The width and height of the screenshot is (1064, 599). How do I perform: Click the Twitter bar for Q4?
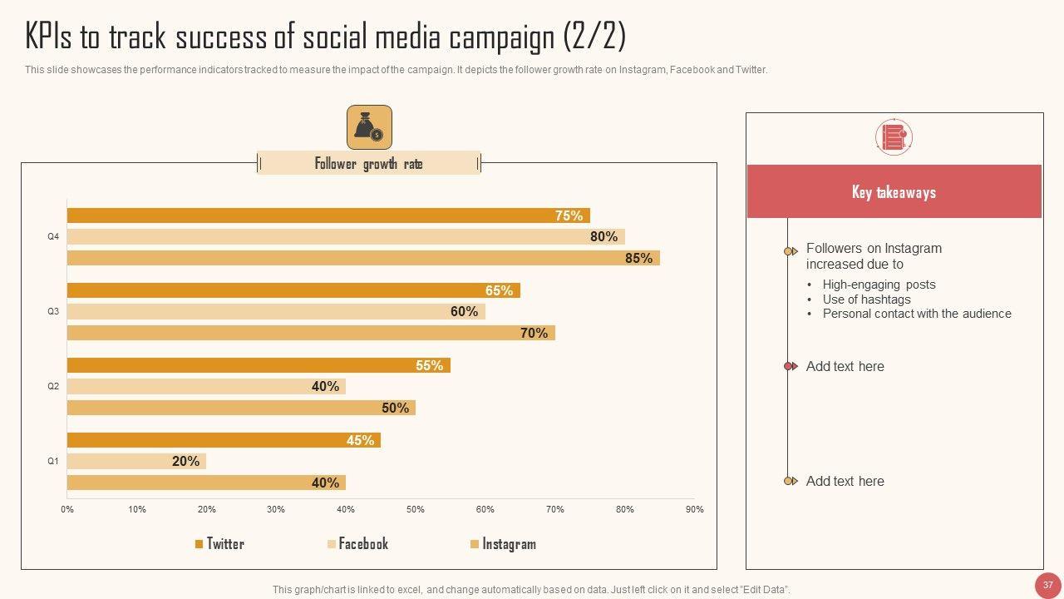pyautogui.click(x=328, y=215)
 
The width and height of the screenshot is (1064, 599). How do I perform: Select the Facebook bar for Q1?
pyautogui.click(x=136, y=461)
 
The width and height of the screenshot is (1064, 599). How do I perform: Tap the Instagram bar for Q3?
pyautogui.click(x=311, y=333)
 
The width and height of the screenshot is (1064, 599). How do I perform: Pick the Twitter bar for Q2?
pyautogui.click(x=259, y=365)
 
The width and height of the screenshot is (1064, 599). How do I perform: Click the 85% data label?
pyautogui.click(x=638, y=258)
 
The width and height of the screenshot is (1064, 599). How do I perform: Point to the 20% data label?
pyautogui.click(x=185, y=461)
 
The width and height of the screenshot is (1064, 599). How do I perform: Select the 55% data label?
pyautogui.click(x=429, y=365)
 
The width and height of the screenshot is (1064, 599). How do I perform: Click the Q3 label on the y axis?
pyautogui.click(x=53, y=311)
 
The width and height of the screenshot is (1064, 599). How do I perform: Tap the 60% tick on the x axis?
pyautogui.click(x=485, y=509)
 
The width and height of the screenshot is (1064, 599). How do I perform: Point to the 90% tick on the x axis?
pyautogui.click(x=694, y=509)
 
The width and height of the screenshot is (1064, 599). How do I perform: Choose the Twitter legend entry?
pyautogui.click(x=219, y=544)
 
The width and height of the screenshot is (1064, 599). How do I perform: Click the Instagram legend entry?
pyautogui.click(x=503, y=544)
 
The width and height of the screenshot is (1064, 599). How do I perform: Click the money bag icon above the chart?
pyautogui.click(x=369, y=127)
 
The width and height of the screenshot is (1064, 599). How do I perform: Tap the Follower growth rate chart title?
pyautogui.click(x=368, y=164)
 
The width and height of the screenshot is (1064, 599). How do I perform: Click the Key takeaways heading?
pyautogui.click(x=894, y=192)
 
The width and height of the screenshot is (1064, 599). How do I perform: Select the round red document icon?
pyautogui.click(x=894, y=136)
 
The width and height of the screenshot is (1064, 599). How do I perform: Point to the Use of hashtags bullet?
pyautogui.click(x=866, y=299)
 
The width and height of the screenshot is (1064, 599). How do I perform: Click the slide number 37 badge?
pyautogui.click(x=1047, y=585)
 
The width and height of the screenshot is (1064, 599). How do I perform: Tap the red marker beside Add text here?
pyautogui.click(x=790, y=366)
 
